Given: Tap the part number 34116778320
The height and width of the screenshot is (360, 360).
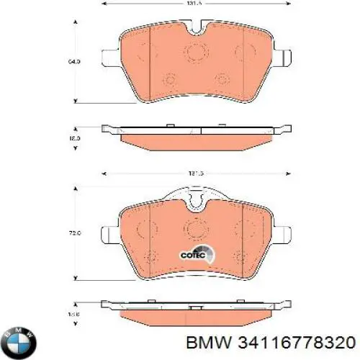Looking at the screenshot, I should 300,342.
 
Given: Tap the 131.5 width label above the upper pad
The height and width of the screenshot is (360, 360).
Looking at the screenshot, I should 193,4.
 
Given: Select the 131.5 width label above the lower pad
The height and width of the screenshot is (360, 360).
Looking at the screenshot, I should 193,174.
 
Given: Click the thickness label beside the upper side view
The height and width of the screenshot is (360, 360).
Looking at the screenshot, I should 74,137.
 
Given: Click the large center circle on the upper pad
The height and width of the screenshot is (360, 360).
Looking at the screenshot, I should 194,53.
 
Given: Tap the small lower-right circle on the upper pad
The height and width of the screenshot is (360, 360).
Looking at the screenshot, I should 220,80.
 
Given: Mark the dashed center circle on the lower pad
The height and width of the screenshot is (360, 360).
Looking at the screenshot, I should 194,230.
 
